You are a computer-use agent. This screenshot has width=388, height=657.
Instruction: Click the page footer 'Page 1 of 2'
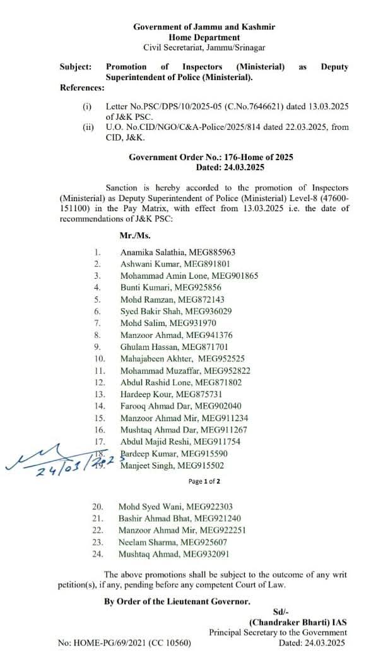tap(204, 481)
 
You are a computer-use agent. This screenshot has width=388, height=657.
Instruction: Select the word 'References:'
tap(81, 88)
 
